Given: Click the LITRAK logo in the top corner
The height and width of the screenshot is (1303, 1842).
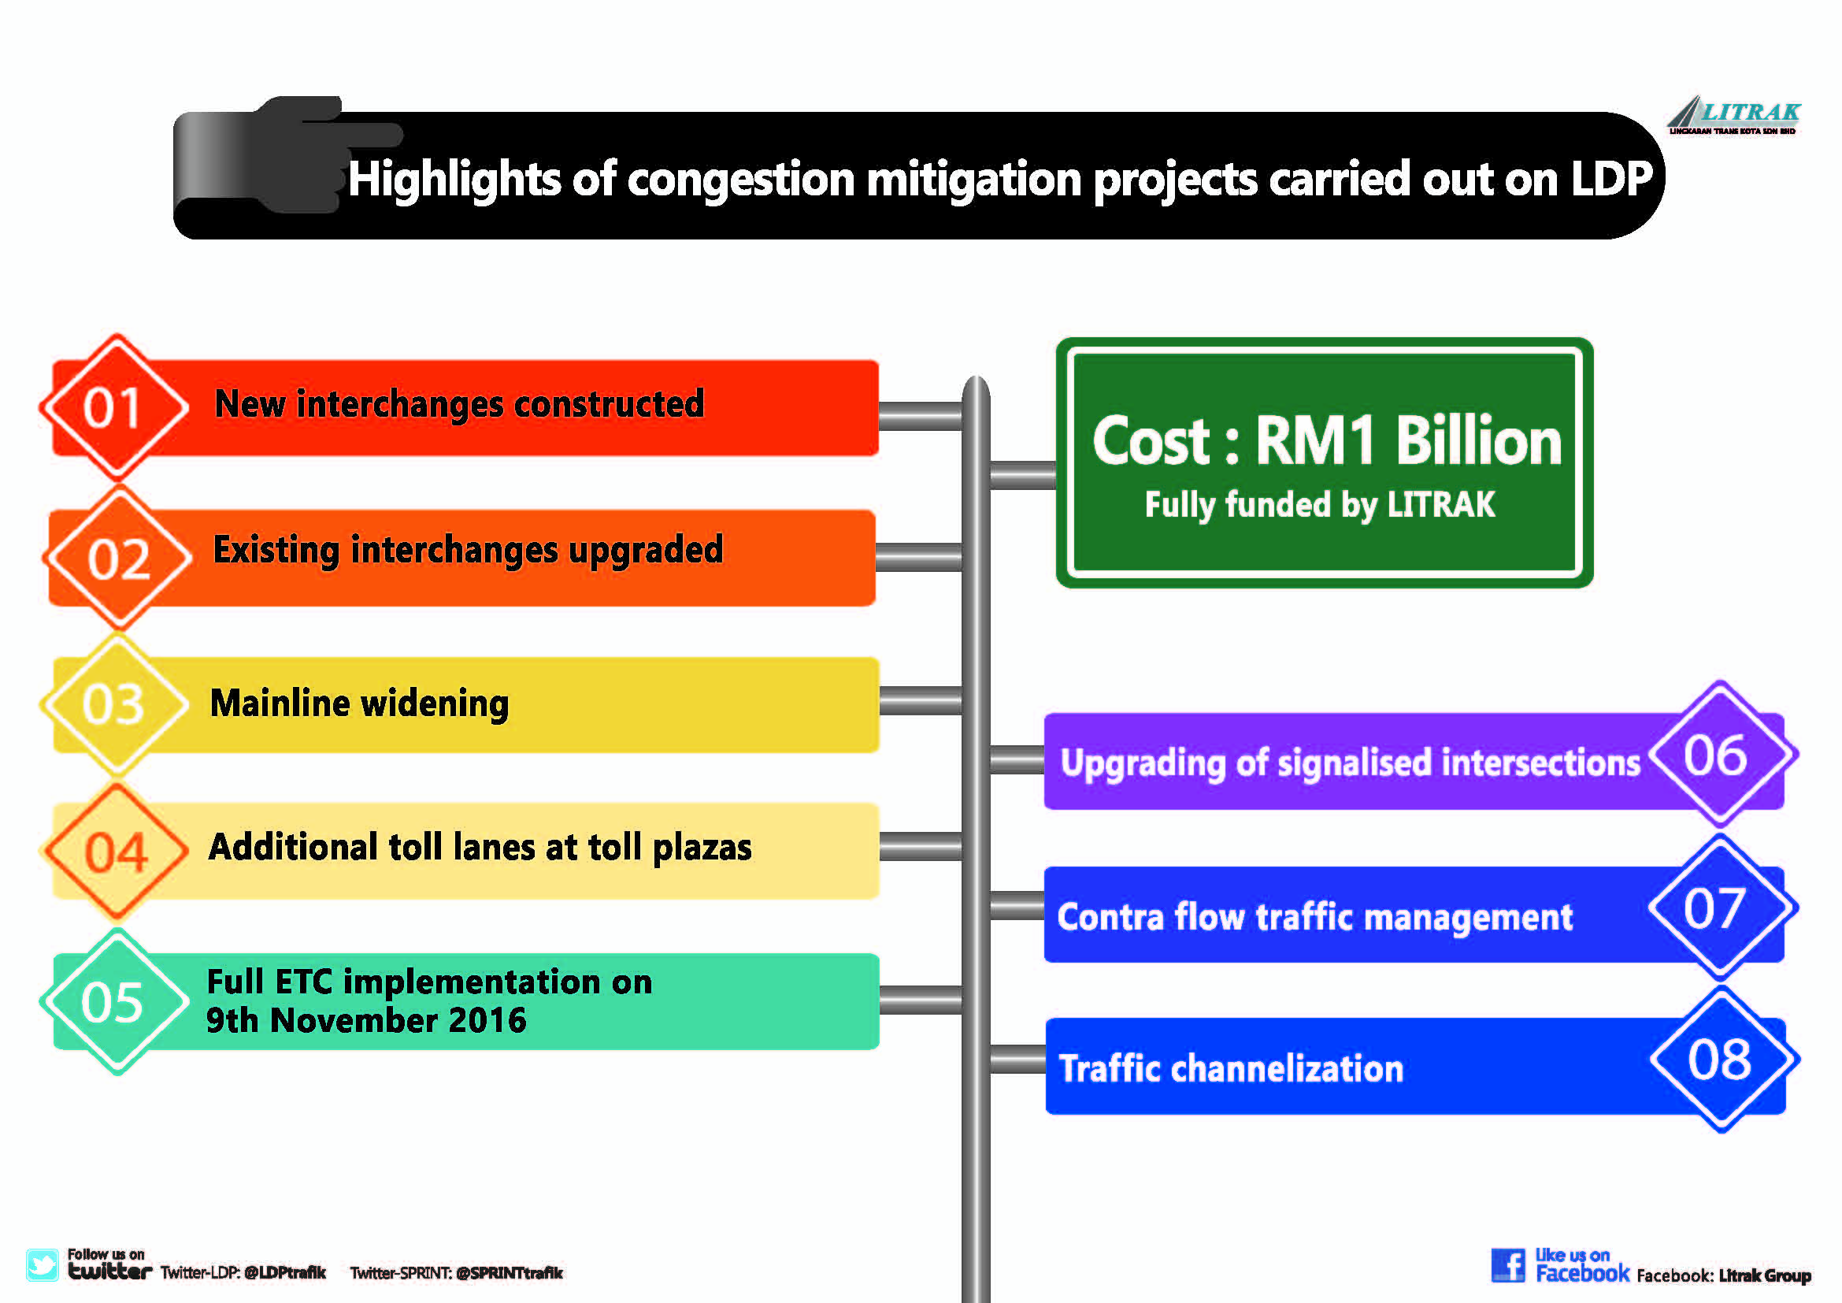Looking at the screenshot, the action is coord(1733,116).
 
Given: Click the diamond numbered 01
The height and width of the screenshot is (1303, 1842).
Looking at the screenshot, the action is coord(115,406).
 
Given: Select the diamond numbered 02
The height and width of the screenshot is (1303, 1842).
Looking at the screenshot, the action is coord(119,558).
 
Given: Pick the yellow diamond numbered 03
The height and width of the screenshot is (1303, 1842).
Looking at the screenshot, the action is coord(115,704).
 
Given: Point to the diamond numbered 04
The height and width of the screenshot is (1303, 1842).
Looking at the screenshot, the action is coord(116,852).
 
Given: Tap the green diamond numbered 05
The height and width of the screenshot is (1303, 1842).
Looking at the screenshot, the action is coord(115,1001).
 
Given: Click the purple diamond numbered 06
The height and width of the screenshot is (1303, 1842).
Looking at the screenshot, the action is coord(1721,754).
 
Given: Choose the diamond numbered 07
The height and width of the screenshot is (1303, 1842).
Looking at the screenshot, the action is coord(1722,908).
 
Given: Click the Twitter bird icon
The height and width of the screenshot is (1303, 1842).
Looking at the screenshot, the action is coord(42,1264).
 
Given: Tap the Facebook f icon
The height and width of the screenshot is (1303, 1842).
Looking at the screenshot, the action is coord(1508,1265).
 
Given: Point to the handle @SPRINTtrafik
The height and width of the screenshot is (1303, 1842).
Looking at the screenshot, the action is coord(510,1273).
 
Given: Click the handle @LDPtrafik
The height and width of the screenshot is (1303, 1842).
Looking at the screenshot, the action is coord(285,1272).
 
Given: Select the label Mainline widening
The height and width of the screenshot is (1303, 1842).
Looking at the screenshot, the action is coord(359,703).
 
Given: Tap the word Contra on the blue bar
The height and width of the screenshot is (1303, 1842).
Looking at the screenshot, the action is coord(1110,917).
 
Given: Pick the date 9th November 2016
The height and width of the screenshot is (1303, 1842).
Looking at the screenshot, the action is coord(366,1020).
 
